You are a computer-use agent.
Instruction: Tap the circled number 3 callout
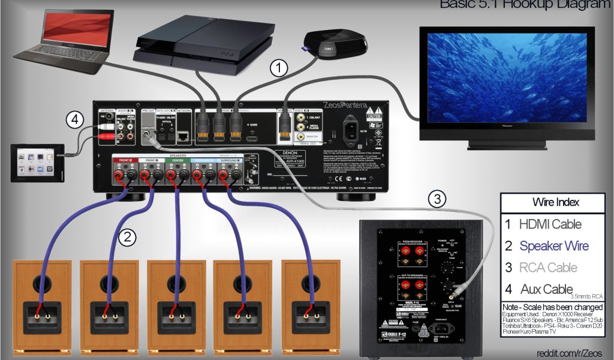pyautogui.click(x=438, y=199)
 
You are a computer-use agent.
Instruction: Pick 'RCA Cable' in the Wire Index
pyautogui.click(x=549, y=268)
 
